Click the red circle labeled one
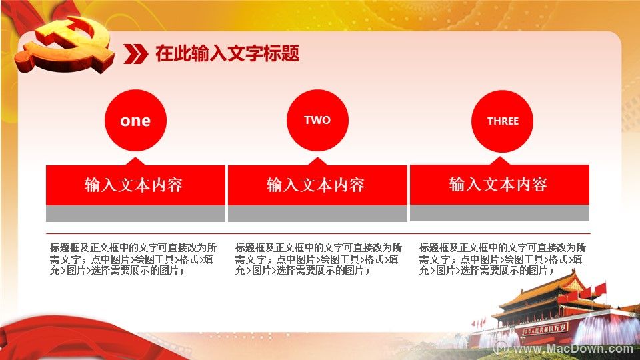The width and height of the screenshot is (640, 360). [x=135, y=121]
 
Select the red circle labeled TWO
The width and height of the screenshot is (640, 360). [x=317, y=121]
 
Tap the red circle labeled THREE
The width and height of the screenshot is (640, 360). [x=502, y=121]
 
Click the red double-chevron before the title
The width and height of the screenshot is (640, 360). [x=135, y=54]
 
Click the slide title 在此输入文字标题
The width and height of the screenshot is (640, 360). [x=227, y=53]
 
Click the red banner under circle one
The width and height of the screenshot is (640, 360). [x=135, y=185]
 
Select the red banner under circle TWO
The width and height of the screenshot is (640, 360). [x=317, y=185]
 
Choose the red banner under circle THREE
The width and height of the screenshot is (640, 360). [x=499, y=184]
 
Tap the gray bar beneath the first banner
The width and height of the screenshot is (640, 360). [x=135, y=213]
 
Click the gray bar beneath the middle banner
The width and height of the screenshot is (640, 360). [x=317, y=213]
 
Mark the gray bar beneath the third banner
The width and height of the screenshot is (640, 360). [x=499, y=213]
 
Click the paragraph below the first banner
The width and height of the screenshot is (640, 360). [x=133, y=259]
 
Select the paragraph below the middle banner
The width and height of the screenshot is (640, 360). [x=319, y=259]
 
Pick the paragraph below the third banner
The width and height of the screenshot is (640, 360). [x=503, y=259]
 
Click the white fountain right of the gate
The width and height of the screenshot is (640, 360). [x=600, y=329]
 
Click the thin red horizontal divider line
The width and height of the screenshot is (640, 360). [x=318, y=234]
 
